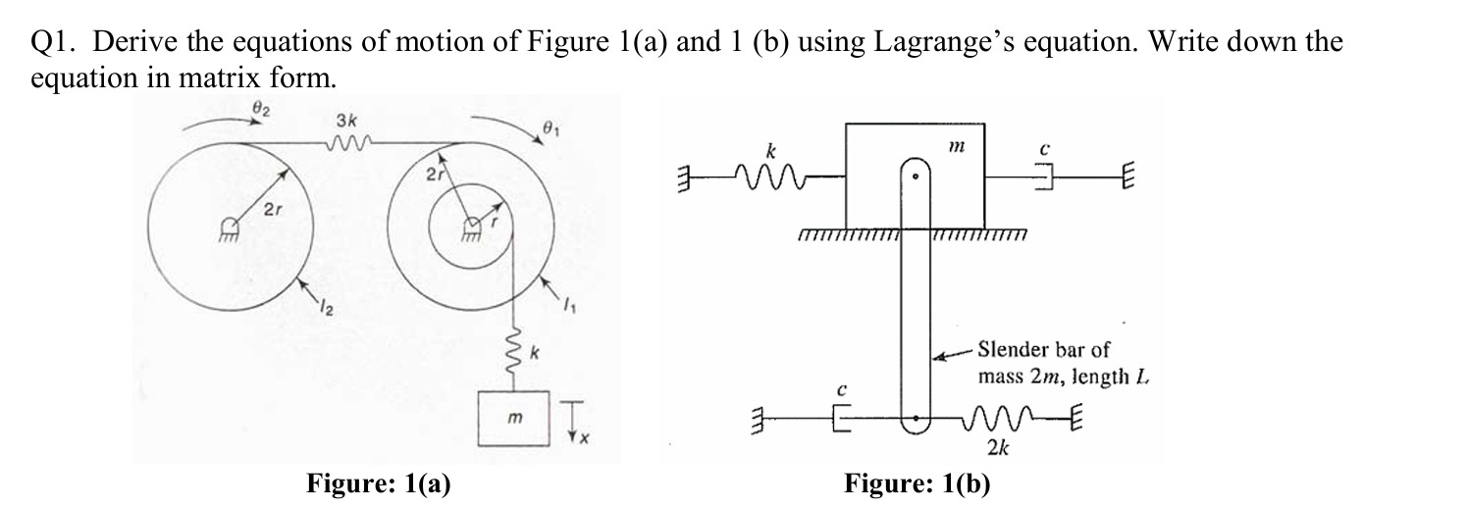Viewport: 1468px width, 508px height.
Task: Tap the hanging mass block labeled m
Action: [x=510, y=417]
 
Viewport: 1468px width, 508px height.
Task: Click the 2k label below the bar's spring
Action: [x=998, y=448]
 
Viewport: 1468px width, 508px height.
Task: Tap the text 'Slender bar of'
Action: [x=1044, y=350]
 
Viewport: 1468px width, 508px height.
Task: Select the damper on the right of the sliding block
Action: [x=1044, y=178]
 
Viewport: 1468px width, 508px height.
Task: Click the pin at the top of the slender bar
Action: [x=915, y=178]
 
